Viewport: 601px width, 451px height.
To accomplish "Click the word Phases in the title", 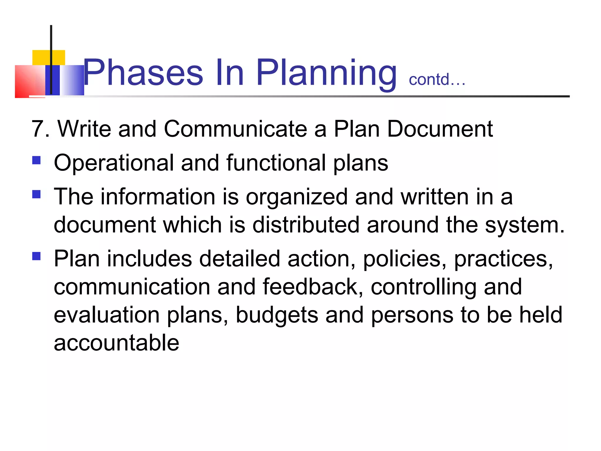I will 143,73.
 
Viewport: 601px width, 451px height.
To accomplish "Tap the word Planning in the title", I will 326,73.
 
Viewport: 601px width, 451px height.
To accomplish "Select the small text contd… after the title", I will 437,80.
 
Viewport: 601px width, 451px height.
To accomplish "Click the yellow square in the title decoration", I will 48,58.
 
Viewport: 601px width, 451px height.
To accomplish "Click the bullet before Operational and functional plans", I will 36,160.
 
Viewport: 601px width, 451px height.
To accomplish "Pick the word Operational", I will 114,163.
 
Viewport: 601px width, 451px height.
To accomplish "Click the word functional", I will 276,163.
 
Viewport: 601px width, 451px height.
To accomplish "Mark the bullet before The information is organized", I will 36,194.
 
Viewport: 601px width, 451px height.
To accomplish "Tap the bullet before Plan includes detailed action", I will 36,256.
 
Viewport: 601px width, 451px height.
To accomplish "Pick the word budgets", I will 277,315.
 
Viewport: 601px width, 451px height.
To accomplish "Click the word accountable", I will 117,343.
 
